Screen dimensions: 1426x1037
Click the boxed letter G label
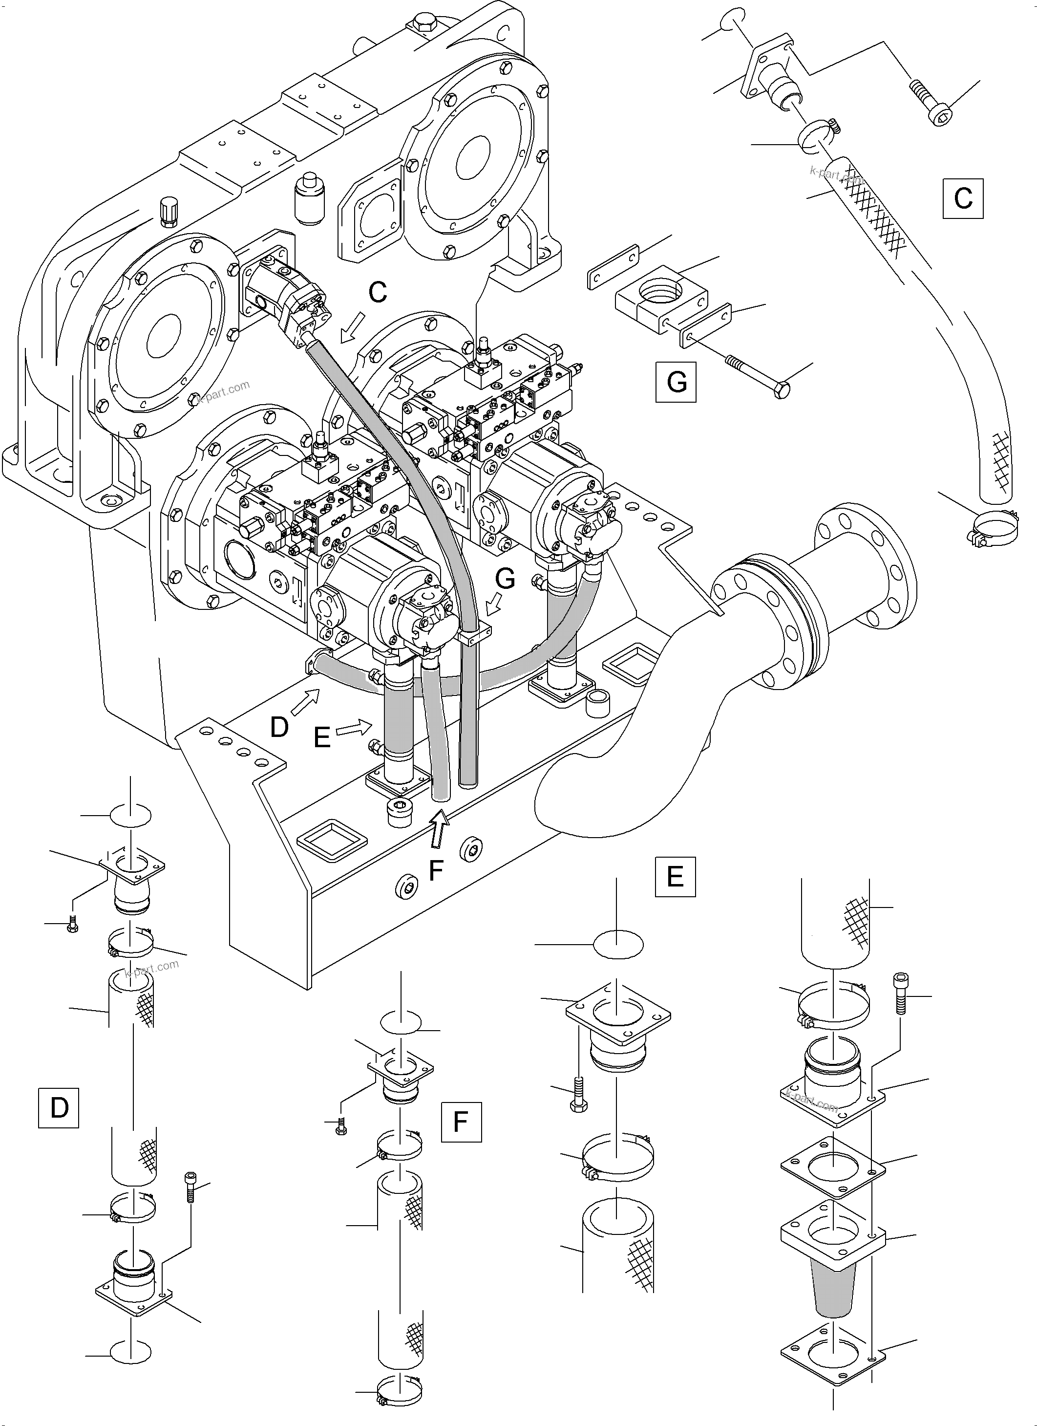(x=676, y=382)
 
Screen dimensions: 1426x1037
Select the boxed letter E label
(x=675, y=876)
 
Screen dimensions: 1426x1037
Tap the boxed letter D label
(x=59, y=1107)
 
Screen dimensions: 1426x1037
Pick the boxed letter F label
(x=461, y=1122)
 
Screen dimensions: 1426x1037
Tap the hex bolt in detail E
(x=578, y=1095)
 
